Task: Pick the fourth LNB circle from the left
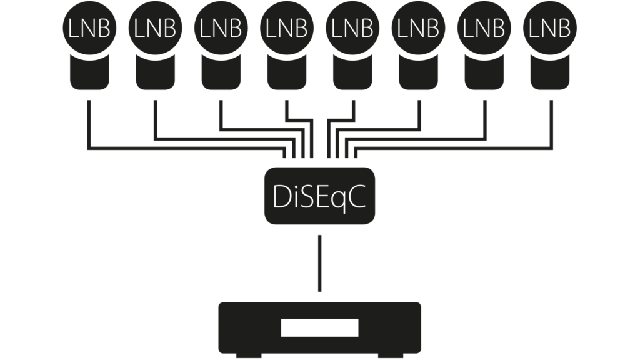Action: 287,29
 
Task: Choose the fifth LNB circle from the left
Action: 353,29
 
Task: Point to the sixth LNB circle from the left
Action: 419,29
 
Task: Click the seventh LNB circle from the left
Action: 485,29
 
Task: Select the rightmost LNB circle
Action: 551,29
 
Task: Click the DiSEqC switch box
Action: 319,196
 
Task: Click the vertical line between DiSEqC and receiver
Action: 319,262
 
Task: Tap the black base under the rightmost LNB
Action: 551,74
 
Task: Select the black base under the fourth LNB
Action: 287,74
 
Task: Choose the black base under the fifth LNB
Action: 353,74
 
